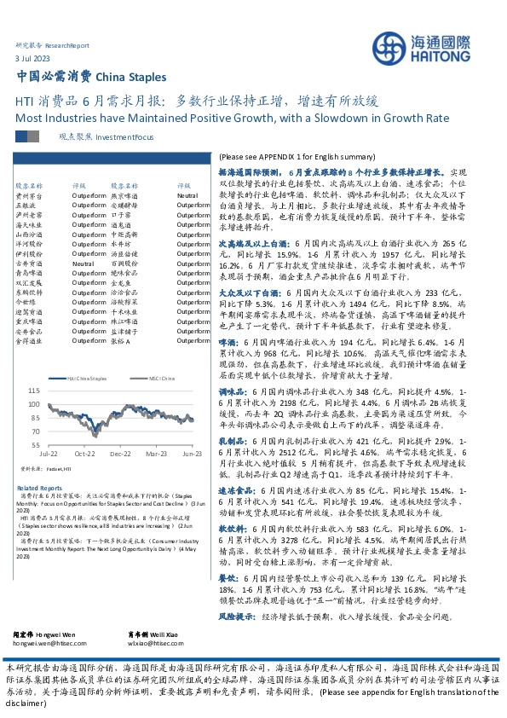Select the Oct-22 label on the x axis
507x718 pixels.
tap(84, 455)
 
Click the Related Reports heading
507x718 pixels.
tap(38, 489)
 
